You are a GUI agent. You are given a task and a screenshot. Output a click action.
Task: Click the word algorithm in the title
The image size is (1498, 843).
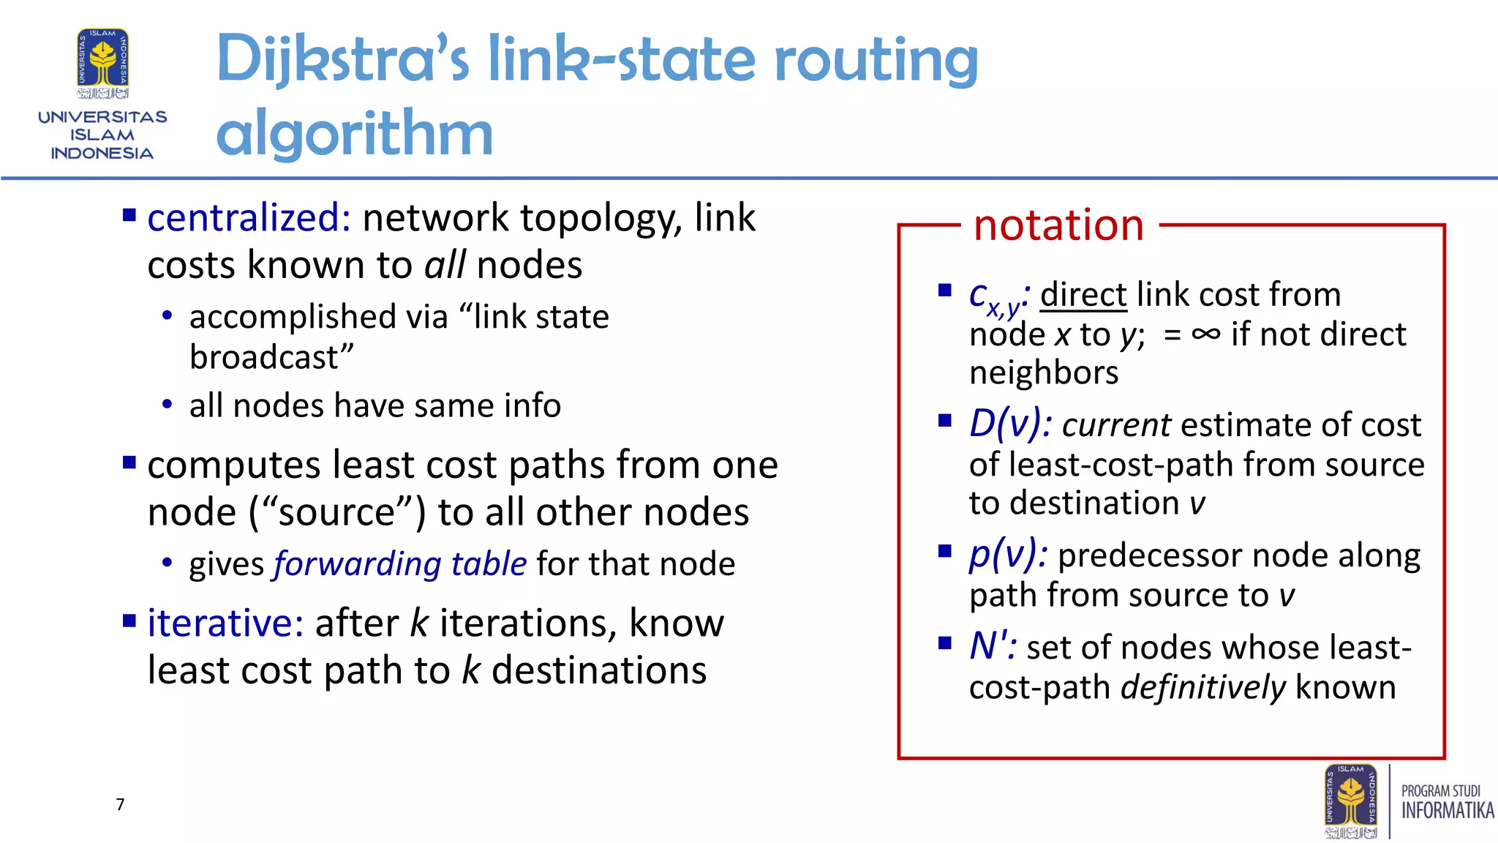point(355,134)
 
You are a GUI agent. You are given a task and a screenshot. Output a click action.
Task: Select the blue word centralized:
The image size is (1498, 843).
point(249,218)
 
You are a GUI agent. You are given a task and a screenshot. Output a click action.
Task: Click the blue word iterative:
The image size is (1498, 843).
point(225,623)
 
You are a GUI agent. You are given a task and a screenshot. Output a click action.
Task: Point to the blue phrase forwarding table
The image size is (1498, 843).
point(400,564)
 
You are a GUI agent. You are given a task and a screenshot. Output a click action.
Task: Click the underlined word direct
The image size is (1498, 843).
point(1083,294)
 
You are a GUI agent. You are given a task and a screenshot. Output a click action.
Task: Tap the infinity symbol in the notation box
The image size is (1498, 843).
point(1205,334)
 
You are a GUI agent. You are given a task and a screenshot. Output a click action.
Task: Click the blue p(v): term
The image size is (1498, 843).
point(1008,554)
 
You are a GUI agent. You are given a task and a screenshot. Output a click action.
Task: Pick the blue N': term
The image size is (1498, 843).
point(993,647)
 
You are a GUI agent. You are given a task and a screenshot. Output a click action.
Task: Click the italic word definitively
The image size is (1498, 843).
point(1202,688)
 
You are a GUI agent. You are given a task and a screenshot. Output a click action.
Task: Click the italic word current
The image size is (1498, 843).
point(1116,425)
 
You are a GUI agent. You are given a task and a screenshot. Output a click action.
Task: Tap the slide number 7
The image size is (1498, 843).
point(120,805)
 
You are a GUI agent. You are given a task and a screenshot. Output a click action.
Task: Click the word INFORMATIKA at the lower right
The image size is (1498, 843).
point(1447,811)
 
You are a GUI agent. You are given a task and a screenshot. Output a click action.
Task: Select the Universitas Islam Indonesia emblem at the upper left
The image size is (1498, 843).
point(103,63)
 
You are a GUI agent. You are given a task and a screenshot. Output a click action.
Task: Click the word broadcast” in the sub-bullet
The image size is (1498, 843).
point(271,358)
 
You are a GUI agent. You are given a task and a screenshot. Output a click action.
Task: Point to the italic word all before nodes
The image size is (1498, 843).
point(445,265)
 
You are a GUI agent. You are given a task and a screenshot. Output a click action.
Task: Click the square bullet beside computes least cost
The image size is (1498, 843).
point(129,462)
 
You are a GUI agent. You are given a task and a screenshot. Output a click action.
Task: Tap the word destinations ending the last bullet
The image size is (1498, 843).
point(598,670)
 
